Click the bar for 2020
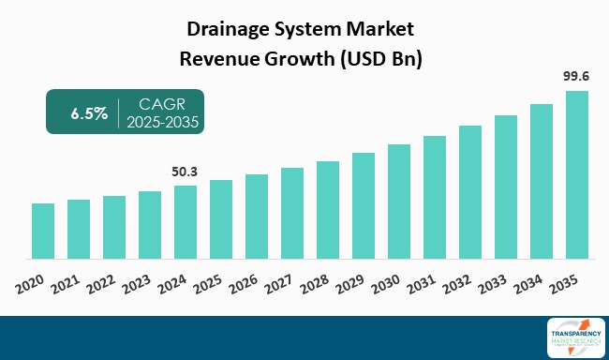click(43, 231)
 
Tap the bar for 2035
click(577, 174)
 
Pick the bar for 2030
click(399, 202)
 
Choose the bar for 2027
click(292, 213)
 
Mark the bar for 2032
click(470, 192)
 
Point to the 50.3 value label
click(186, 172)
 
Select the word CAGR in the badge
click(161, 104)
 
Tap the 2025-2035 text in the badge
click(165, 122)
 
